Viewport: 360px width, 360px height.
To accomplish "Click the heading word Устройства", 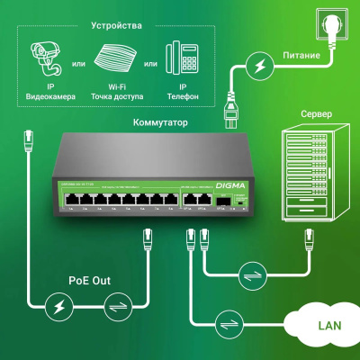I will pos(116,25).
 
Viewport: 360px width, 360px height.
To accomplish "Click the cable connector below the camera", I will pos(28,139).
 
